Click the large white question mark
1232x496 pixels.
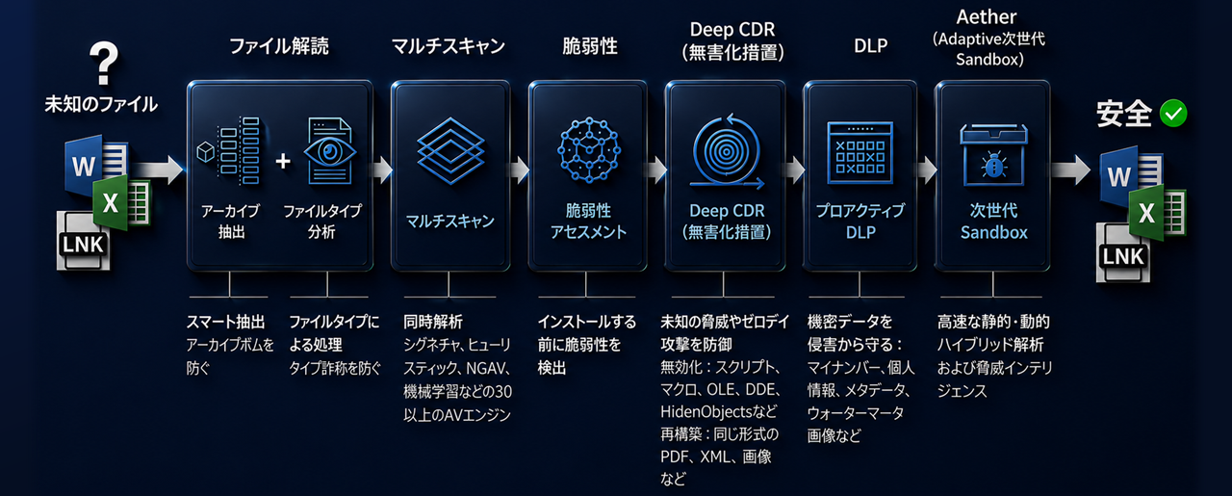click(104, 63)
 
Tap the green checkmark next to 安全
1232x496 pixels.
click(1173, 114)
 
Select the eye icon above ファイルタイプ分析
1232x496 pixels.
click(329, 151)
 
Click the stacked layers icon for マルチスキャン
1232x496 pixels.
click(450, 150)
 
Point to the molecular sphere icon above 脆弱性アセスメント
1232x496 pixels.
click(589, 149)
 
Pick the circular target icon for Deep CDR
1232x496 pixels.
click(727, 151)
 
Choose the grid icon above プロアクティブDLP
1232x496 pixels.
click(860, 152)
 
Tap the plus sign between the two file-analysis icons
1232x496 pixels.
click(283, 161)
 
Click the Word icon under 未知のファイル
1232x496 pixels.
click(88, 164)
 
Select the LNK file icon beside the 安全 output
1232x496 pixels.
click(1123, 254)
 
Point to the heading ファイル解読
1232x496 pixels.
click(279, 45)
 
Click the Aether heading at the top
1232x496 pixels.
click(987, 17)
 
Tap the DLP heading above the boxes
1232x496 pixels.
click(871, 45)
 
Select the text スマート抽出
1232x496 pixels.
click(225, 322)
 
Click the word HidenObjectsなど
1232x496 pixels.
click(719, 411)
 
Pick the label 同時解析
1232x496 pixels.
click(433, 322)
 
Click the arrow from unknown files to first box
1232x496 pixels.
click(159, 170)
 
